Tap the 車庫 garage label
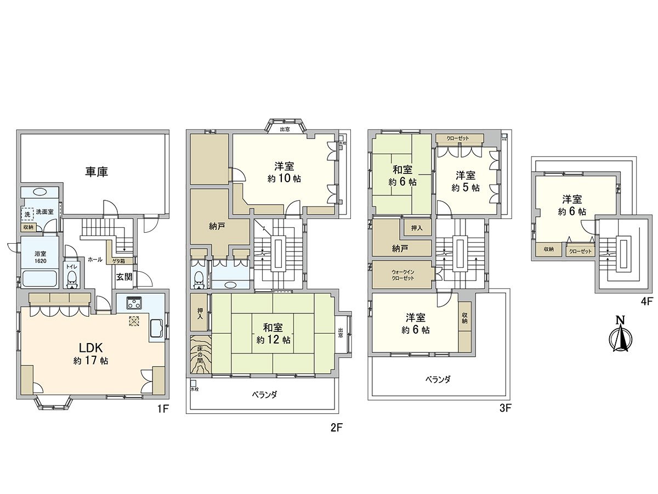[x=96, y=172]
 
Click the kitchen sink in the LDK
[x=155, y=328]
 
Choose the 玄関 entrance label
[x=124, y=277]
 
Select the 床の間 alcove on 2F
[x=200, y=355]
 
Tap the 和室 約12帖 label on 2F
[x=273, y=333]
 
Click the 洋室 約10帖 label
[x=284, y=171]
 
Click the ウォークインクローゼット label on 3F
[x=402, y=274]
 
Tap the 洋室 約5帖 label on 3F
[x=466, y=181]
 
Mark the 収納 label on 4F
[x=549, y=250]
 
